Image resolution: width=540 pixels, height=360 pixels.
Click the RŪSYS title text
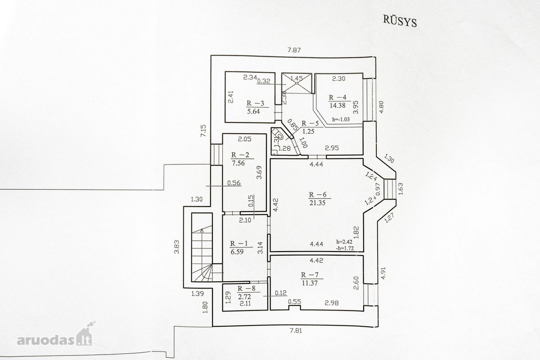point(400,22)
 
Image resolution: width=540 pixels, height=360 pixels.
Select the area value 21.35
point(318,202)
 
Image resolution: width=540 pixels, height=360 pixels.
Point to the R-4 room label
point(337,97)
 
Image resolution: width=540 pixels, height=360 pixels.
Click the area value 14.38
point(337,105)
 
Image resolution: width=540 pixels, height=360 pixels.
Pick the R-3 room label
point(255,103)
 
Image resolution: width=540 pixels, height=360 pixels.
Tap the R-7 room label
point(310,274)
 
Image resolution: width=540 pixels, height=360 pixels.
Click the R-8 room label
point(247,288)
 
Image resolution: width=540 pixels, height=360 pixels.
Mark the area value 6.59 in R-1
point(237,252)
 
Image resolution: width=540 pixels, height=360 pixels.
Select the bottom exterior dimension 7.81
point(295,330)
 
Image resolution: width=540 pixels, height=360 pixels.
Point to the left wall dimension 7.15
point(203,130)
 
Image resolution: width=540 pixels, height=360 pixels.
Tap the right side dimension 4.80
point(381,107)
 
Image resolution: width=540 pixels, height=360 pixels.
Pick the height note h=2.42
point(345,242)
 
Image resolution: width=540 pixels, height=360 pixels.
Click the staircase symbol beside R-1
point(202,247)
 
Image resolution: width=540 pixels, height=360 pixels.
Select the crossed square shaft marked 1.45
point(297,83)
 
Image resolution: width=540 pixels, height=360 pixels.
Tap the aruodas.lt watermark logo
point(55,337)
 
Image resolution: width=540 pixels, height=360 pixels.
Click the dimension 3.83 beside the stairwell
point(177,247)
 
